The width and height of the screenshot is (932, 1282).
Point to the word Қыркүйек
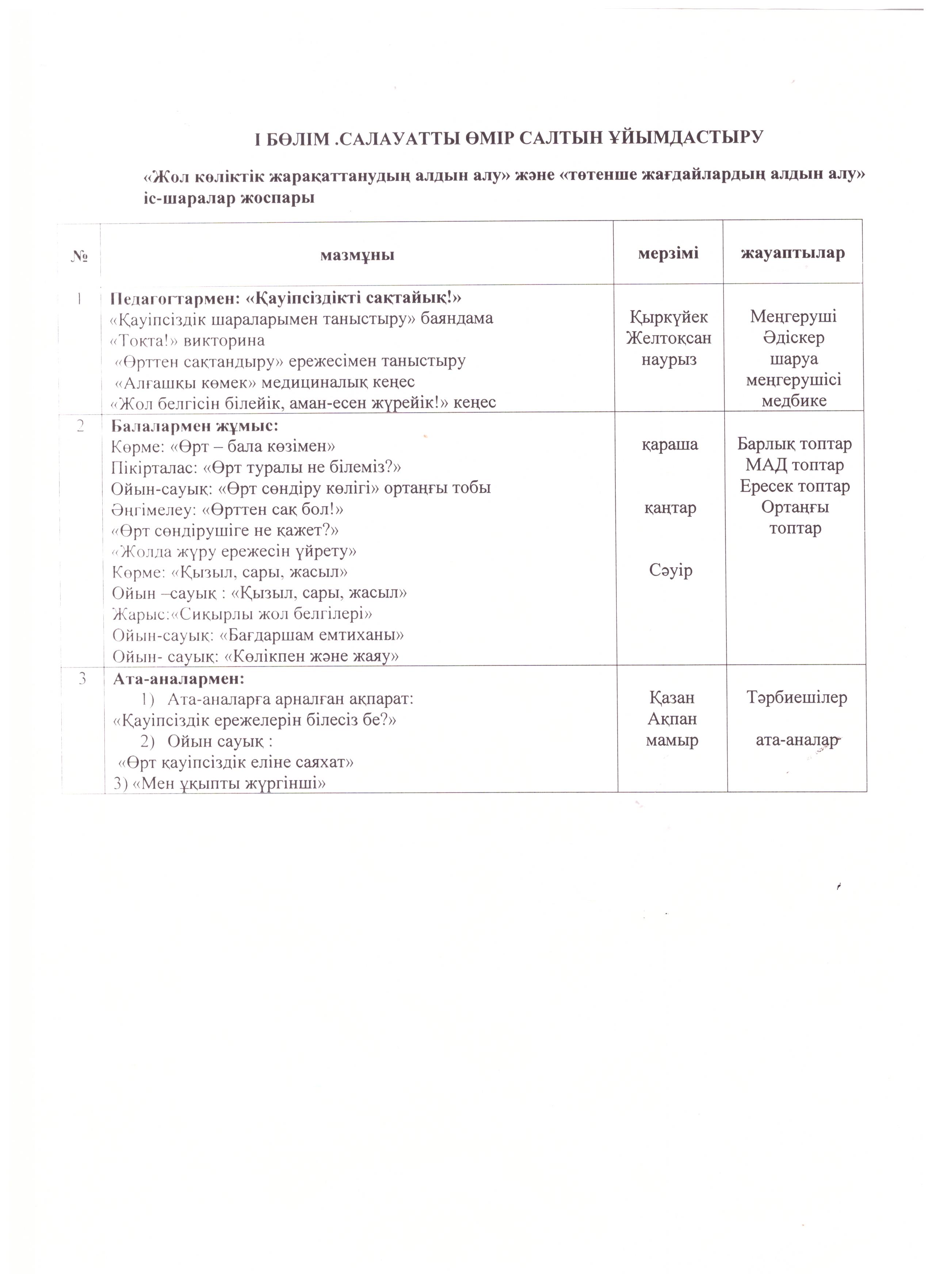coord(669,317)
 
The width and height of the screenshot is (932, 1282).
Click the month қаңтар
coord(670,508)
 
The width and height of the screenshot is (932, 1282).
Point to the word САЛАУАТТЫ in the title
coord(393,138)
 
